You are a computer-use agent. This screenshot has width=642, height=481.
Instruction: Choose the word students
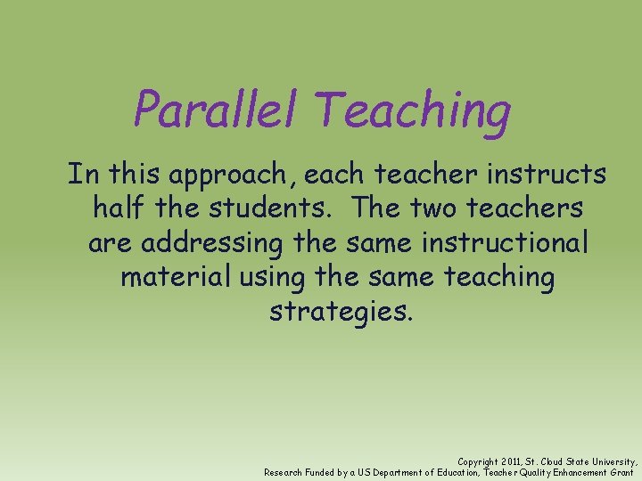coord(267,208)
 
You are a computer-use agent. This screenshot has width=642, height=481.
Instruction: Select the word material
coord(175,277)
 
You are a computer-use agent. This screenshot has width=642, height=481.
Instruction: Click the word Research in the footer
coord(284,472)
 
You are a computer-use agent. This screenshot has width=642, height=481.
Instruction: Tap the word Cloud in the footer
coord(558,461)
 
